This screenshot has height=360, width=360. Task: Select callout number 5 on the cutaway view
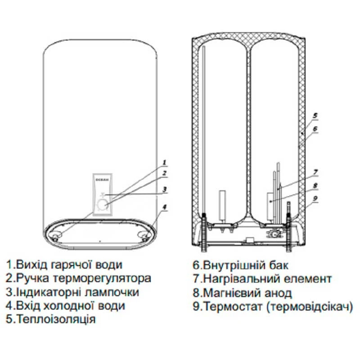click(315, 115)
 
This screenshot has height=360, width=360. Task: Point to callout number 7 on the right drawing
click(316, 171)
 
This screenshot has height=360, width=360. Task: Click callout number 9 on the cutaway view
click(316, 198)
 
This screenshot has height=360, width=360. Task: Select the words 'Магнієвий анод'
click(242, 292)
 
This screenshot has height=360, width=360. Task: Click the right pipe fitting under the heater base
click(144, 236)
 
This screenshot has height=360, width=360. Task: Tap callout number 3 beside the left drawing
click(165, 189)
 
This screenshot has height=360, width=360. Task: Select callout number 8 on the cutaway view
click(316, 184)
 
